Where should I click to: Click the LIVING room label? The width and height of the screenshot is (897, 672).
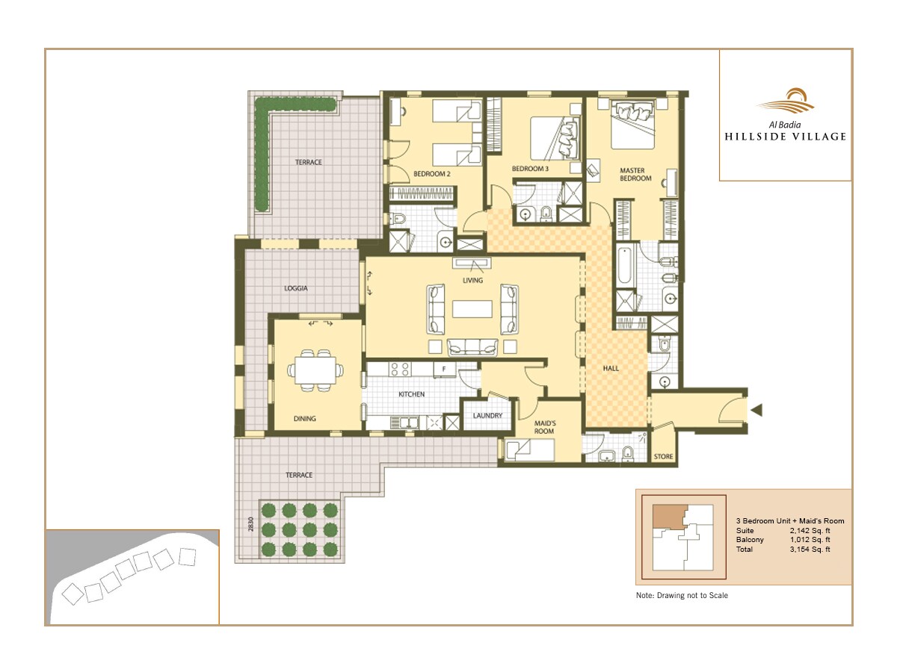[x=472, y=281]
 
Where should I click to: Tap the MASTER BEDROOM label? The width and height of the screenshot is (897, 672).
[x=636, y=175]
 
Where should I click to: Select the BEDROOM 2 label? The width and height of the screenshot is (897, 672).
[x=431, y=174]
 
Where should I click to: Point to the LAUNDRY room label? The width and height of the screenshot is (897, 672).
[x=488, y=416]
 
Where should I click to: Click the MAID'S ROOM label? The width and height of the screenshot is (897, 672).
[x=544, y=427]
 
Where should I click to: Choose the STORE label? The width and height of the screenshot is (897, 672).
[x=663, y=456]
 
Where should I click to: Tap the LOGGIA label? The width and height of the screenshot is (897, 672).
[x=296, y=287]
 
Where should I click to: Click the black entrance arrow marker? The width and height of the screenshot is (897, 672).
[x=756, y=409]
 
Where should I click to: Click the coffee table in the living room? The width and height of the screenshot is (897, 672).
[x=472, y=308]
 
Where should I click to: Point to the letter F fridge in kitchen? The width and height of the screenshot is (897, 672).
[x=444, y=369]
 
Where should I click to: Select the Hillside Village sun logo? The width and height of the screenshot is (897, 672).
[x=785, y=101]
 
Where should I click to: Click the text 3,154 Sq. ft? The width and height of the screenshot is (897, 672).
[x=810, y=550]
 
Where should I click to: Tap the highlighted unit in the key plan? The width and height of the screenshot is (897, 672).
[x=668, y=516]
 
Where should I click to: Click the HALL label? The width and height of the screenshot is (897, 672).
[x=613, y=368]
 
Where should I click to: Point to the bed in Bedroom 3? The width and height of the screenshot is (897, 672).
[x=555, y=138]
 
